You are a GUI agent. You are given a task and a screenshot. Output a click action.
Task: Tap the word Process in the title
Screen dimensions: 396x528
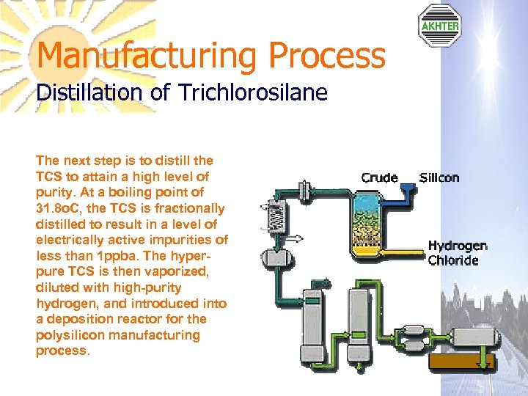click(326, 56)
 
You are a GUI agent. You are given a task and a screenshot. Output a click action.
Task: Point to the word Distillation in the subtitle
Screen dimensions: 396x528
click(78, 93)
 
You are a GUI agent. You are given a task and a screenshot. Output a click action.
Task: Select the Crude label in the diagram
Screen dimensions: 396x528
click(379, 177)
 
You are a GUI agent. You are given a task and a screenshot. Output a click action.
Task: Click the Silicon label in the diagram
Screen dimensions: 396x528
click(439, 177)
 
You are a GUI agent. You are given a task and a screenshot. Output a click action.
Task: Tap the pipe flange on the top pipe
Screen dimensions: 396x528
click(304, 188)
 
